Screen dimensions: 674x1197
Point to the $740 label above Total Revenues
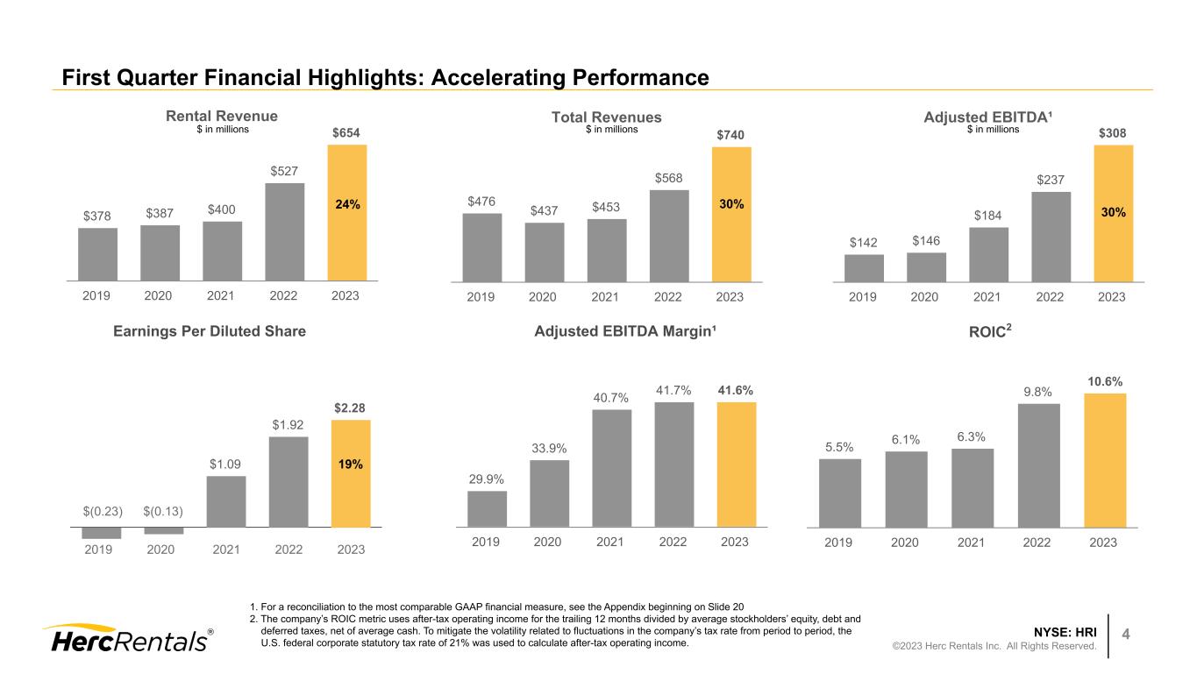[731, 134]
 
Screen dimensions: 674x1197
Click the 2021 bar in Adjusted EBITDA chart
[988, 254]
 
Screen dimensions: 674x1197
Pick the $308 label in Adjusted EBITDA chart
[1113, 132]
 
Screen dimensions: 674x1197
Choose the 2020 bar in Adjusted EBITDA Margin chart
[549, 493]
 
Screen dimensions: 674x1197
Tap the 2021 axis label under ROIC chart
[971, 543]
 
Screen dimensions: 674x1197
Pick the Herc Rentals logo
[128, 638]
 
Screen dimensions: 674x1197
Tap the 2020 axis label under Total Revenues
[543, 297]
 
